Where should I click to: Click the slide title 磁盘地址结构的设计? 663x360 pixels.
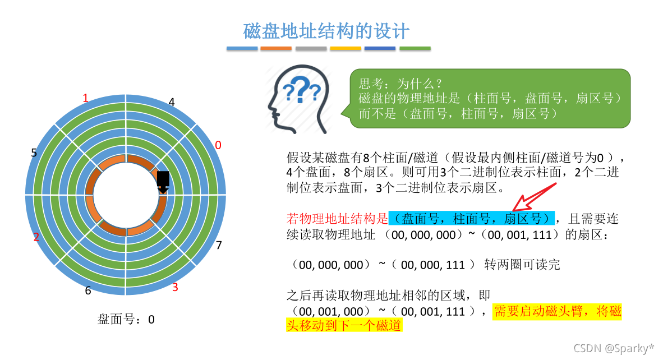click(x=327, y=31)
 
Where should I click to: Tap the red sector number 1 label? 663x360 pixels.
click(x=85, y=99)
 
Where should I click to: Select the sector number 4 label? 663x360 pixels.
click(x=172, y=102)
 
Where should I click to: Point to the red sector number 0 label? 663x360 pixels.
click(x=218, y=145)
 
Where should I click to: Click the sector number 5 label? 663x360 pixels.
click(x=34, y=153)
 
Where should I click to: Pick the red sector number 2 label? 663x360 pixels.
click(x=36, y=237)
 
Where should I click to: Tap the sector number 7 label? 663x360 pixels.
click(x=219, y=245)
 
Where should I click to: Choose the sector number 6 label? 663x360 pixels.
click(x=88, y=290)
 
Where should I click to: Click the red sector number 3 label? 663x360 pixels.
click(x=175, y=288)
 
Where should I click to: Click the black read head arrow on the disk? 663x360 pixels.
click(x=163, y=182)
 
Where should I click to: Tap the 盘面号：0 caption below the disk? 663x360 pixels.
click(x=126, y=320)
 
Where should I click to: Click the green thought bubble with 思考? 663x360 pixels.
click(x=490, y=98)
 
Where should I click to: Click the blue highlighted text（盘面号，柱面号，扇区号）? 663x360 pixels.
click(x=471, y=218)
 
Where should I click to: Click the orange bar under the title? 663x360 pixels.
click(x=276, y=49)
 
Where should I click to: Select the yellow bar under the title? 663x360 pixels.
click(x=346, y=49)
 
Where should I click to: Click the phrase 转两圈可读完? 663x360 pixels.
click(x=522, y=265)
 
